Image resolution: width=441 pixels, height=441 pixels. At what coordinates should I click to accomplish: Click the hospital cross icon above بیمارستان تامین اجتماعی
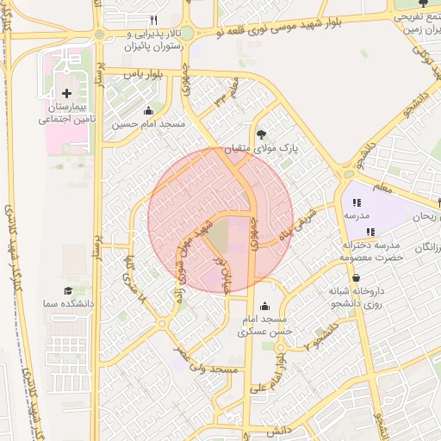click(x=67, y=92)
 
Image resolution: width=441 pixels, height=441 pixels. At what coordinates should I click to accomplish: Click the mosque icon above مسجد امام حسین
click(x=148, y=110)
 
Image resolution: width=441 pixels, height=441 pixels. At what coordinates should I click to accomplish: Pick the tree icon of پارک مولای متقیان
click(x=262, y=134)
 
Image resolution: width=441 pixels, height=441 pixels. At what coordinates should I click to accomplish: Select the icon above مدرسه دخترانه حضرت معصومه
click(x=370, y=232)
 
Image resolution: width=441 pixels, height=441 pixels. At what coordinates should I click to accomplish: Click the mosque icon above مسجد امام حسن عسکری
click(x=264, y=306)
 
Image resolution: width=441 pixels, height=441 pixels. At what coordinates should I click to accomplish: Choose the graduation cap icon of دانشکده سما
click(x=67, y=291)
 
